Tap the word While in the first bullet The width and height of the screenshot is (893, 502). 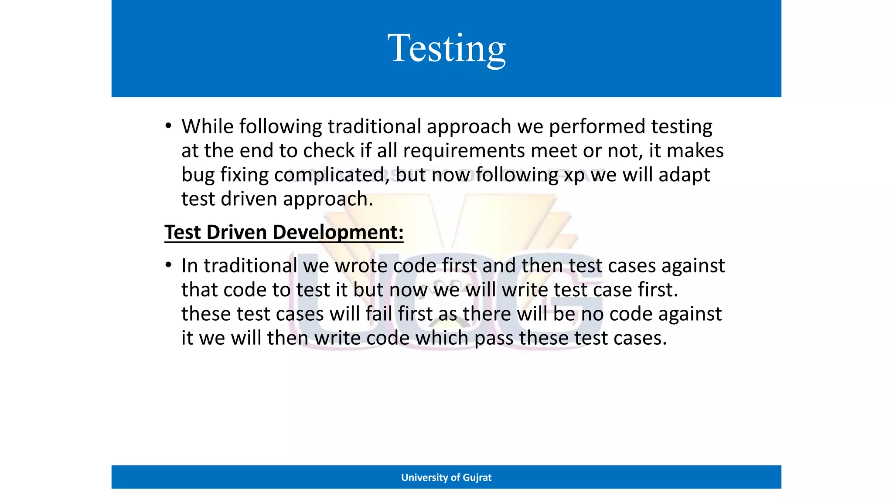[208, 126]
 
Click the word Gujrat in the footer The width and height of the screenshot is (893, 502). [477, 478]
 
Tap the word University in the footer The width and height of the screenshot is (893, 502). [424, 478]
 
